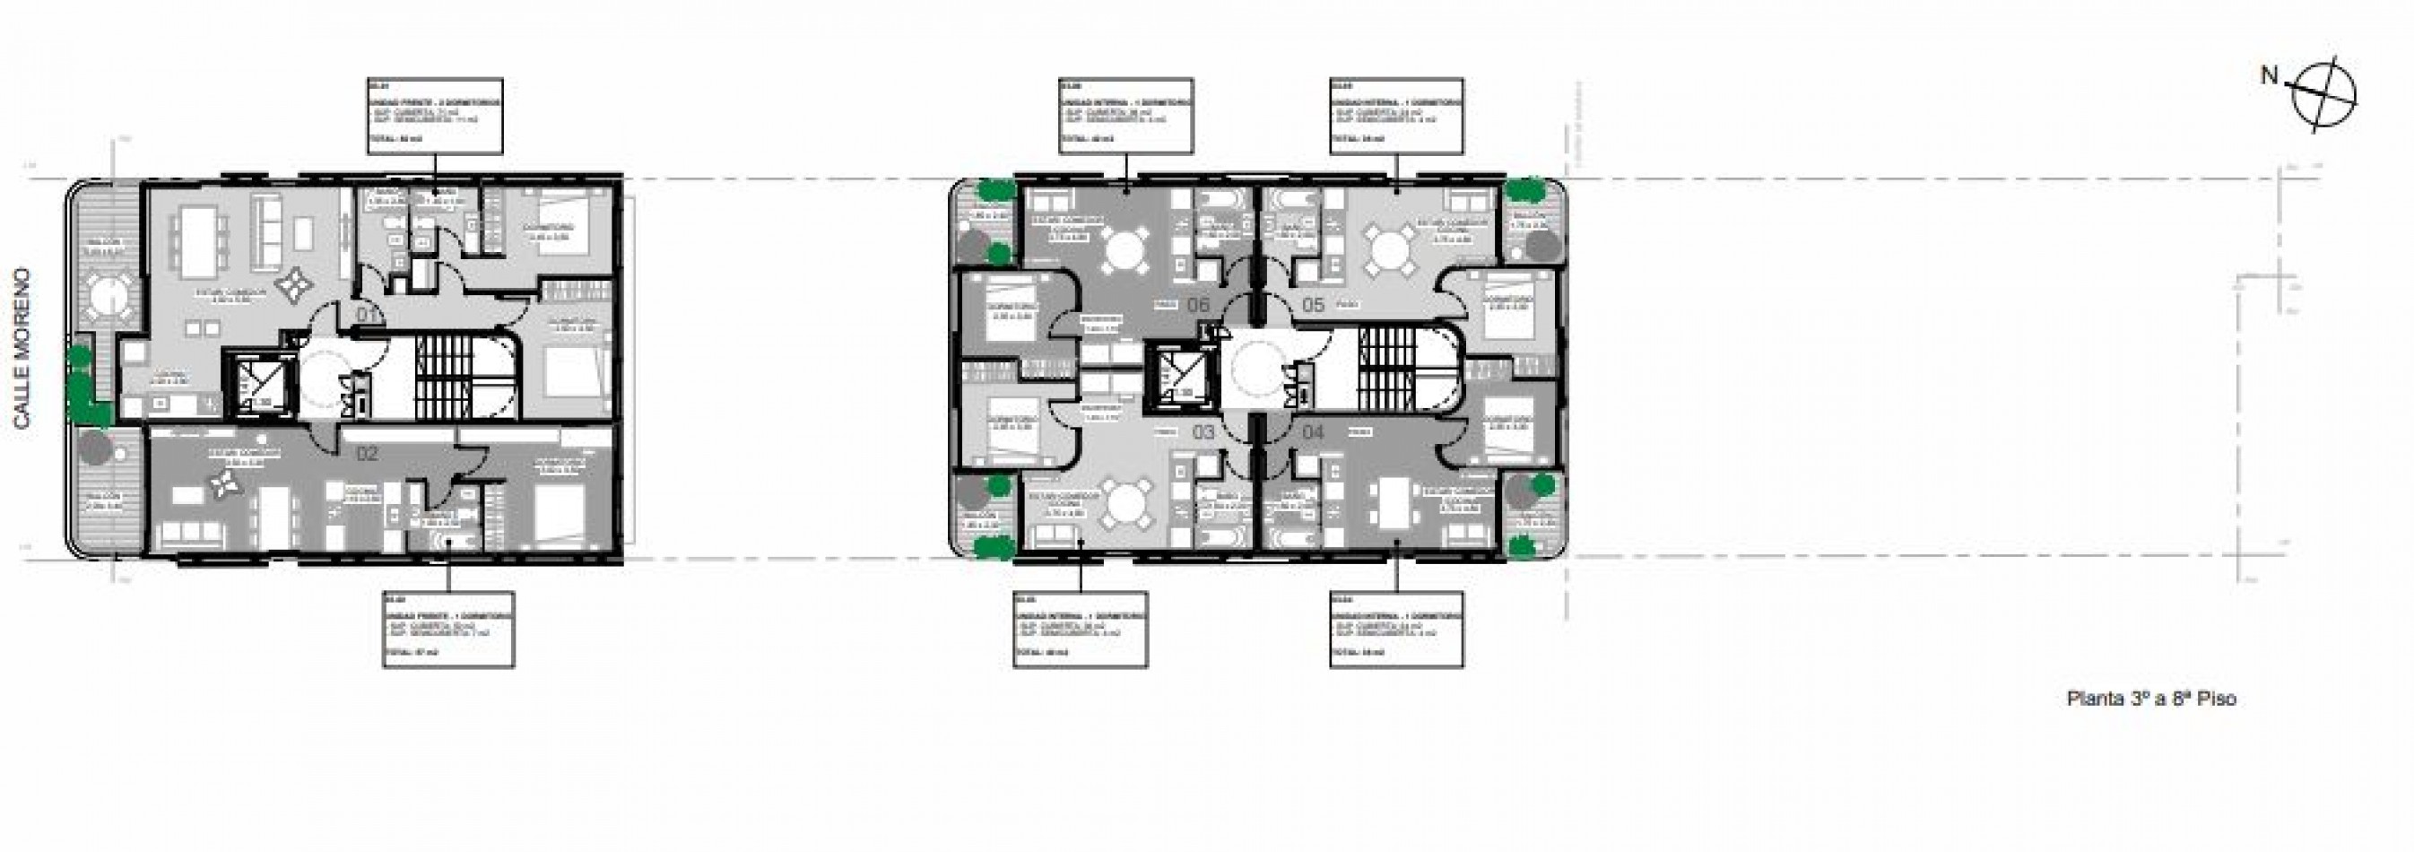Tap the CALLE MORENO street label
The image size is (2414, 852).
22,349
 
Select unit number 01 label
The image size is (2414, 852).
369,314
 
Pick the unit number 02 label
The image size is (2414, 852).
367,455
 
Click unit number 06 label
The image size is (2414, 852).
1199,305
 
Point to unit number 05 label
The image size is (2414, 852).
1313,305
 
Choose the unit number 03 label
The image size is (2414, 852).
1203,432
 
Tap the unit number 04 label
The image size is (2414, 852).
1313,432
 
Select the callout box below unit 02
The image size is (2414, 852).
449,629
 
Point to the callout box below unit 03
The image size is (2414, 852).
1081,629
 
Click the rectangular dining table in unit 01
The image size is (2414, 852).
199,240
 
